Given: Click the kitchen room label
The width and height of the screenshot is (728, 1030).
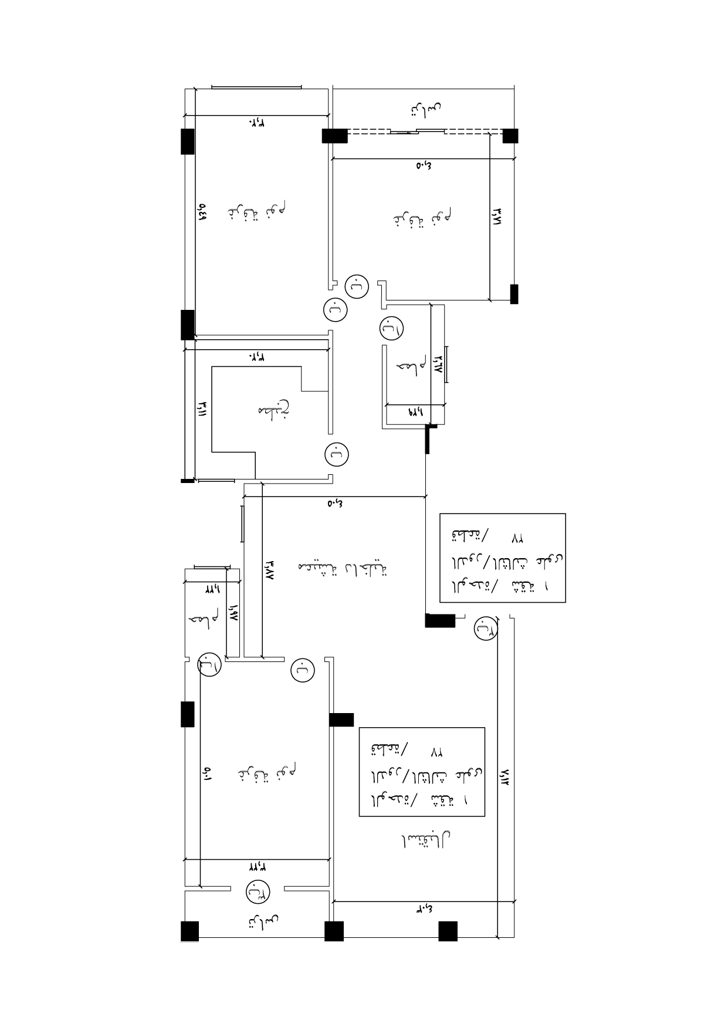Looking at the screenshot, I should click(x=274, y=410).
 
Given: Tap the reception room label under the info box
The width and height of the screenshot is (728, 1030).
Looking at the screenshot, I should click(x=425, y=841).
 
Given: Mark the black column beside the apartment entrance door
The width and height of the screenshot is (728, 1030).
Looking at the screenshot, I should click(x=440, y=620).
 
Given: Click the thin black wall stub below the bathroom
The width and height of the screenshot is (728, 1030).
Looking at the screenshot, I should click(x=428, y=439).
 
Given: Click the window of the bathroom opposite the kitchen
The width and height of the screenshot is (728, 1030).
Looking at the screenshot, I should click(x=446, y=364).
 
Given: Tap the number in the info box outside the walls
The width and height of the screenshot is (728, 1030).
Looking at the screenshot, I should click(x=517, y=537).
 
